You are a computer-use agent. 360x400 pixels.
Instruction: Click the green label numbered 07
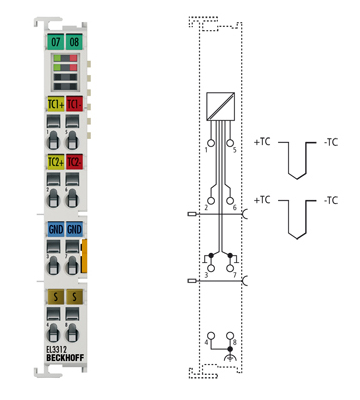tap(54, 42)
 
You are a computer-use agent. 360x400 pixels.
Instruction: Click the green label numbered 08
tap(74, 42)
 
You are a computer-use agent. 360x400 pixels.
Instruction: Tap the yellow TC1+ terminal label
tap(54, 104)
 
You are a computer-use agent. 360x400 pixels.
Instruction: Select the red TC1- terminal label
tap(74, 104)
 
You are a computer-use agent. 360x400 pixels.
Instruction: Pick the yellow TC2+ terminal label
tap(54, 161)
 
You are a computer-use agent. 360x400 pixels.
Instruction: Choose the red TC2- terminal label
tap(74, 161)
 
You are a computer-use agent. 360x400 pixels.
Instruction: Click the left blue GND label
tap(54, 230)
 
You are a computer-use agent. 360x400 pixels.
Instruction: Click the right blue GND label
tap(74, 230)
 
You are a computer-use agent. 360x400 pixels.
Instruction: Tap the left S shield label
tap(54, 297)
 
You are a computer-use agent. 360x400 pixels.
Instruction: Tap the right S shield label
tap(74, 297)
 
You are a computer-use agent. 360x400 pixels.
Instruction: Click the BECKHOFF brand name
tap(64, 360)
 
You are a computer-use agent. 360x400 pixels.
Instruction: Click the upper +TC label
tap(263, 144)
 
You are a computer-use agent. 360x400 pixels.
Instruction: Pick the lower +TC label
tap(263, 201)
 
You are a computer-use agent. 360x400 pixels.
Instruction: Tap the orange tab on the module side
tap(85, 254)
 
